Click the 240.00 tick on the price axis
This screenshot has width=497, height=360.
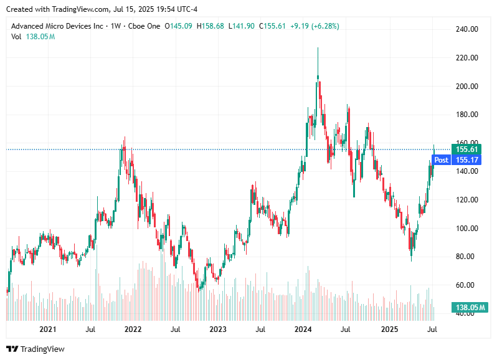[x=466, y=29]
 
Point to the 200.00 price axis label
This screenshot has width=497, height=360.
[x=466, y=86]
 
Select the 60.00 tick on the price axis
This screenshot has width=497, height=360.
[x=466, y=285]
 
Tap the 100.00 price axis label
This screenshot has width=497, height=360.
[x=466, y=228]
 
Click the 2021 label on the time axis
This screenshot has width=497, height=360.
[x=47, y=328]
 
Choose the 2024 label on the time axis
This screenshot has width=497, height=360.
[x=303, y=328]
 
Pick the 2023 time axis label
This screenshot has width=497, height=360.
[x=218, y=328]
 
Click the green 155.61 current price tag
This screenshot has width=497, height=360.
[x=466, y=149]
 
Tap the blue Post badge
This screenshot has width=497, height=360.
[x=441, y=160]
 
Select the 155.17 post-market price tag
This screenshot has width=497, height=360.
[x=466, y=160]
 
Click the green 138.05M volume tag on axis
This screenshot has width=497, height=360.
[x=470, y=308]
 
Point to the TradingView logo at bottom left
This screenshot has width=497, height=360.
[x=35, y=349]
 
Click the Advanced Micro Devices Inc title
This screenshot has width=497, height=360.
[x=58, y=26]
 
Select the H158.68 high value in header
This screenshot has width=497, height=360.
[x=211, y=26]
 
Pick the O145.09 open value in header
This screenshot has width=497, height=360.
[x=178, y=26]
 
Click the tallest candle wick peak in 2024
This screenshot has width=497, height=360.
[x=318, y=48]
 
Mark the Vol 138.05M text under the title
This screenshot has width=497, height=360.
[x=33, y=37]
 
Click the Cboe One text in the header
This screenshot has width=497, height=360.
[x=143, y=26]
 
